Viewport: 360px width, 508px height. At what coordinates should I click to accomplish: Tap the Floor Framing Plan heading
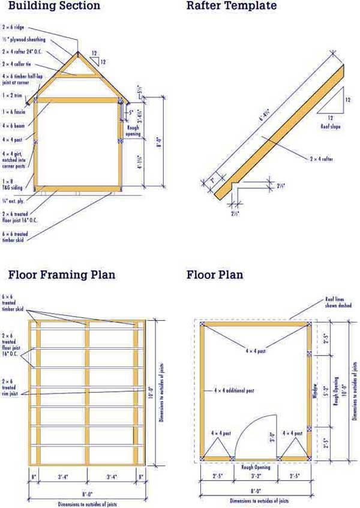coord(62,275)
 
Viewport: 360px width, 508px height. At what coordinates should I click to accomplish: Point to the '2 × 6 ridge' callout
coord(15,28)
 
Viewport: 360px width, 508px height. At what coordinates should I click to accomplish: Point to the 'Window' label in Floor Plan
coord(314,391)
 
